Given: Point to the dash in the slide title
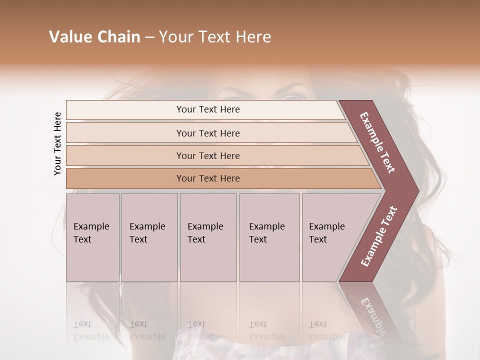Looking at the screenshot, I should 149,37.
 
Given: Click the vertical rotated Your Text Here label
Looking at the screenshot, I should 57,143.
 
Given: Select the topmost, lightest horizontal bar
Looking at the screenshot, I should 205,109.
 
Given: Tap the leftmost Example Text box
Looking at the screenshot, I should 92,237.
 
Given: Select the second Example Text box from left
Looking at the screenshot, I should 149,237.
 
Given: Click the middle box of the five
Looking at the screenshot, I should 208,237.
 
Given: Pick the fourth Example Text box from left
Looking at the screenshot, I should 269,237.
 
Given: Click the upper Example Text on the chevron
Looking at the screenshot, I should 377,142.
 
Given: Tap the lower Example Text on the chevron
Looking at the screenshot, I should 378,236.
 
